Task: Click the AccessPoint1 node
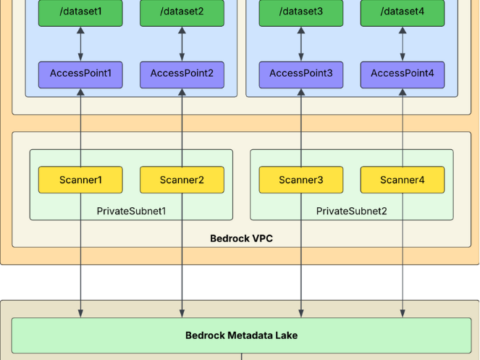click(80, 74)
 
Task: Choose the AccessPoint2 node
click(182, 74)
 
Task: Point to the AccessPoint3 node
click(301, 74)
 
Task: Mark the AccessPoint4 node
click(403, 74)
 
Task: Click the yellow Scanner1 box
click(80, 180)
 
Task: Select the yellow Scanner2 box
click(182, 180)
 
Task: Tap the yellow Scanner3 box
click(301, 180)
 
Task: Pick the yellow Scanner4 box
click(403, 180)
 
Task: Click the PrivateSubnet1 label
click(131, 211)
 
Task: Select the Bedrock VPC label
click(241, 238)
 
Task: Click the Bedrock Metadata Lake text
click(241, 335)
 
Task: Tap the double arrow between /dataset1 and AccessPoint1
click(80, 44)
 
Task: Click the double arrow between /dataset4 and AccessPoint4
click(403, 44)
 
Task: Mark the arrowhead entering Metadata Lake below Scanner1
click(80, 314)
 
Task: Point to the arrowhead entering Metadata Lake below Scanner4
click(403, 314)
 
